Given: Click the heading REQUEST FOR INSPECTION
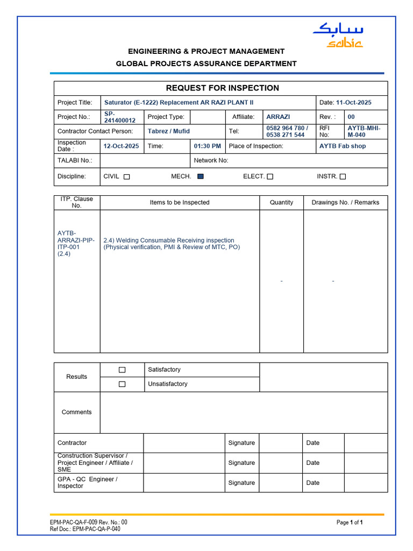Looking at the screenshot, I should pyautogui.click(x=222, y=88).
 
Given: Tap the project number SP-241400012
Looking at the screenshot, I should pyautogui.click(x=120, y=117).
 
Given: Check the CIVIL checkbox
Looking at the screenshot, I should pyautogui.click(x=127, y=176).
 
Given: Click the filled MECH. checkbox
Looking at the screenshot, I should pyautogui.click(x=201, y=176).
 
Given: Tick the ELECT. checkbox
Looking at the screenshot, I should pyautogui.click(x=270, y=176).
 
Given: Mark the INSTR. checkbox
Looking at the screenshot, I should pyautogui.click(x=343, y=176).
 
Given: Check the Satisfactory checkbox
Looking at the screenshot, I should pyautogui.click(x=122, y=370).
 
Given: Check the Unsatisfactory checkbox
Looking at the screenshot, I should pyautogui.click(x=122, y=384).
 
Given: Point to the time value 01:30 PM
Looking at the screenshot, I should pyautogui.click(x=208, y=146).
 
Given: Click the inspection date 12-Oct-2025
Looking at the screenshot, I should pyautogui.click(x=121, y=146).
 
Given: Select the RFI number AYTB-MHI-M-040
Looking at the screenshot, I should pyautogui.click(x=364, y=131).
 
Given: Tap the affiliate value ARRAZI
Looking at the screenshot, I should pyautogui.click(x=278, y=117).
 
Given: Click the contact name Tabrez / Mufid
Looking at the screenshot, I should pyautogui.click(x=169, y=131).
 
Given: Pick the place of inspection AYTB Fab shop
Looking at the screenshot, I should pyautogui.click(x=343, y=146).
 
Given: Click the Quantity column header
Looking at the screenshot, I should pyautogui.click(x=282, y=202).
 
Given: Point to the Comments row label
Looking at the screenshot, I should pyautogui.click(x=77, y=412).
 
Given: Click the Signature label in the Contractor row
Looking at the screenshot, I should pyautogui.click(x=241, y=443).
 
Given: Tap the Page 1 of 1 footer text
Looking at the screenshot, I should pyautogui.click(x=350, y=522).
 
